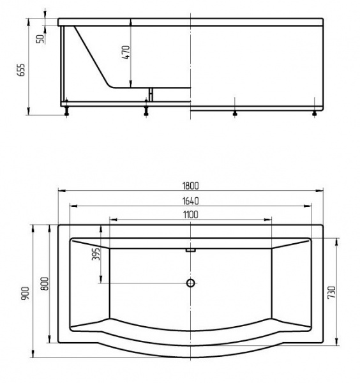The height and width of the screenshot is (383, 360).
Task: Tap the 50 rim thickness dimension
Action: (x=41, y=38)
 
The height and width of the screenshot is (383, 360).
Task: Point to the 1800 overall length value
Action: (x=190, y=186)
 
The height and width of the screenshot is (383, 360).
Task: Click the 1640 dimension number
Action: (x=190, y=200)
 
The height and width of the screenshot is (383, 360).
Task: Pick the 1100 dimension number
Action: (x=190, y=214)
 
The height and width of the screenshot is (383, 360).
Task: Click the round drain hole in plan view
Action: (x=190, y=283)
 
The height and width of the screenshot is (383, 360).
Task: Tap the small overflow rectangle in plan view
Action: (x=190, y=250)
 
